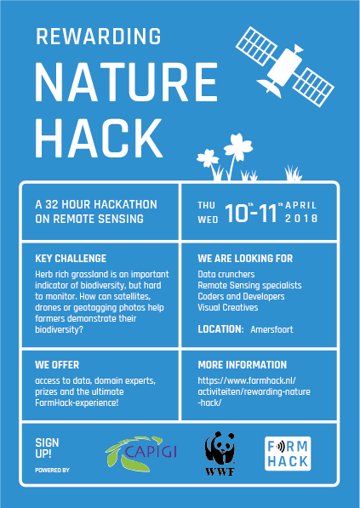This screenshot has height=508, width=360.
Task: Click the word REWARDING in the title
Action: click(x=98, y=37)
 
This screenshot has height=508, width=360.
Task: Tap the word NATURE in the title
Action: click(x=126, y=83)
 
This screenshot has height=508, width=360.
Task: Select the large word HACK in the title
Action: click(x=99, y=138)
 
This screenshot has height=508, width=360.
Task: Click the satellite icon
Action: click(x=285, y=66)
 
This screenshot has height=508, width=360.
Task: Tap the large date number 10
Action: click(x=237, y=214)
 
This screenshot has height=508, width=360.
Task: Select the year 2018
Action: click(x=301, y=219)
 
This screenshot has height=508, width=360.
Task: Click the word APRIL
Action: click(x=300, y=205)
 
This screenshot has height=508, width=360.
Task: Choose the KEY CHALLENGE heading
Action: click(x=71, y=259)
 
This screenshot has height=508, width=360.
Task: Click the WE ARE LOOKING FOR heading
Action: click(x=245, y=259)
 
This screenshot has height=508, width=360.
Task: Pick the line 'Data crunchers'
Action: click(x=226, y=274)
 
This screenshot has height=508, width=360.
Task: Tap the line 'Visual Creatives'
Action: click(x=228, y=307)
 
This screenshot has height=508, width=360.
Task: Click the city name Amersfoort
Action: click(x=271, y=329)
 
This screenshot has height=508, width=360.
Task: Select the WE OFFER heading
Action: click(x=57, y=365)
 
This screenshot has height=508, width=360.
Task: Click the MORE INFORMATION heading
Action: click(x=243, y=365)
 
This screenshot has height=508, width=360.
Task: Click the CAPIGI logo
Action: click(x=141, y=454)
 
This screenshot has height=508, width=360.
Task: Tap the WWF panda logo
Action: click(x=220, y=454)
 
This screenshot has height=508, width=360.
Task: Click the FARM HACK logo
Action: click(x=288, y=454)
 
